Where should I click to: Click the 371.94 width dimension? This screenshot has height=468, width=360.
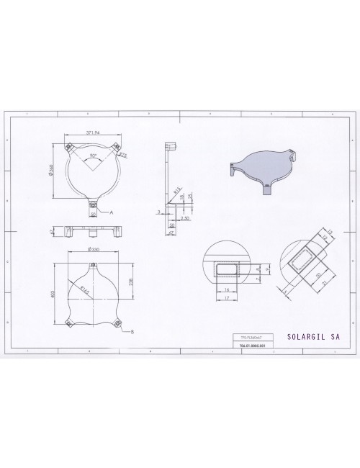click(91, 133)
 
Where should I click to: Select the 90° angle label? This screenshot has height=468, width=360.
click(94, 155)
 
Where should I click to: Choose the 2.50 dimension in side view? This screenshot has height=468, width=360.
click(185, 217)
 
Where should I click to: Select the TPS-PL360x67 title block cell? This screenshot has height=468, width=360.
click(249, 336)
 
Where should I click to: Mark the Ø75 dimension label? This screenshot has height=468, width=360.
click(123, 155)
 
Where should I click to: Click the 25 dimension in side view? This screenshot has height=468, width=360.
click(189, 197)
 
